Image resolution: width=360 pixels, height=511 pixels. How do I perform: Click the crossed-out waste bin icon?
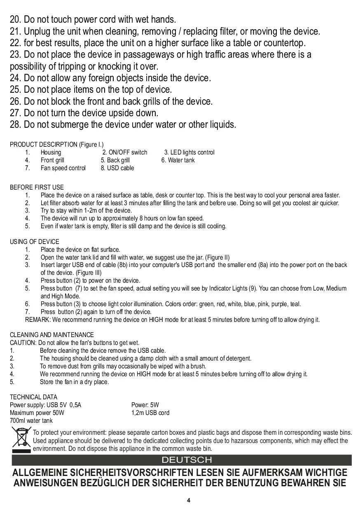point(21,440)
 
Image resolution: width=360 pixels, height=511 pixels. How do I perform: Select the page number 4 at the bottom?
point(188,500)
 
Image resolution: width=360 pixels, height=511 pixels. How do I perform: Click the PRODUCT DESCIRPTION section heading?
point(56,145)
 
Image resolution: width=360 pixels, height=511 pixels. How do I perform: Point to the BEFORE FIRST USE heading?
point(37,188)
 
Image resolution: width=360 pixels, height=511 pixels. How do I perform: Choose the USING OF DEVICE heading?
point(35,242)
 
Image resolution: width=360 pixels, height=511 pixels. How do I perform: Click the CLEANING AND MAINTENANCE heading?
point(52,335)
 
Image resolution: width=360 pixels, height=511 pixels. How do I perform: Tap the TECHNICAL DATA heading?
point(34,397)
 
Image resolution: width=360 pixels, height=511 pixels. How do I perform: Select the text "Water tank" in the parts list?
point(181,160)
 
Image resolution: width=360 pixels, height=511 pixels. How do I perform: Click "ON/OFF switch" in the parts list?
point(128,152)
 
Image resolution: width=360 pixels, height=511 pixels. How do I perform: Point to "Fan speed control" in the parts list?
point(63,168)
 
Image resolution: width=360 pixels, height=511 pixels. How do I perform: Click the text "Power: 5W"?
point(145,405)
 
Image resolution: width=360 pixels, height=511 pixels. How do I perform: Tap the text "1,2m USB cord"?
point(150,413)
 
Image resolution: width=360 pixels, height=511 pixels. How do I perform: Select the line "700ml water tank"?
point(31,421)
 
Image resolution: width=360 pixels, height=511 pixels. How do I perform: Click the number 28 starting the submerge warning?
point(15,125)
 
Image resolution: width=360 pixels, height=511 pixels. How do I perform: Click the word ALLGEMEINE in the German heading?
point(40,473)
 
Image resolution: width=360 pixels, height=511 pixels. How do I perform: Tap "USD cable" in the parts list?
point(120,168)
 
